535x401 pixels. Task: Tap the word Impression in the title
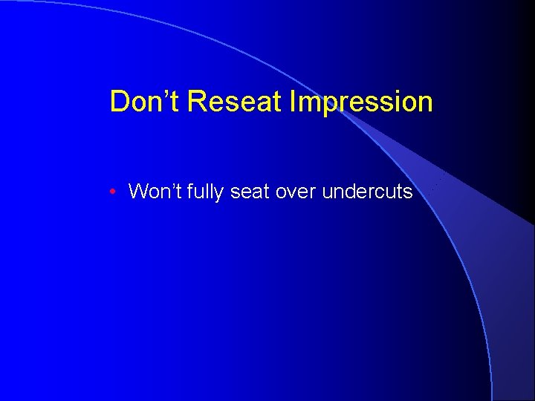click(x=362, y=102)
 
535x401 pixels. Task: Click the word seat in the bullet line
click(x=250, y=192)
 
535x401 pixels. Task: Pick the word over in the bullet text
click(x=296, y=192)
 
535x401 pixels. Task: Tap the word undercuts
click(x=367, y=192)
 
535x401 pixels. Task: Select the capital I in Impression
click(x=294, y=102)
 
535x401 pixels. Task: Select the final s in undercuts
click(x=408, y=193)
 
